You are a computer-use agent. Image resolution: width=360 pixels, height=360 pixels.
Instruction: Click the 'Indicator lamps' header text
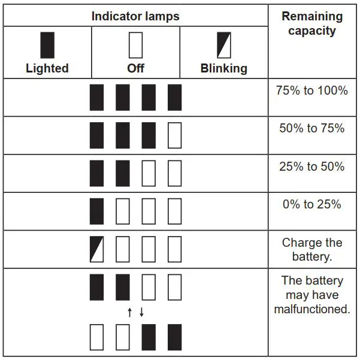[x=135, y=16]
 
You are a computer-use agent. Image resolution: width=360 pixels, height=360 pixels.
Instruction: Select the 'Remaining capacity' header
[x=312, y=23]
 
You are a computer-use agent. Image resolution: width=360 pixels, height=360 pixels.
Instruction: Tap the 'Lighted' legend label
[x=47, y=68]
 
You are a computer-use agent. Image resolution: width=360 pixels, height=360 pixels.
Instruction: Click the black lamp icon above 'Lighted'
[x=47, y=45]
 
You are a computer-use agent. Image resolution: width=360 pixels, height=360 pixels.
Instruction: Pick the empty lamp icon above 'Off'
[x=136, y=45]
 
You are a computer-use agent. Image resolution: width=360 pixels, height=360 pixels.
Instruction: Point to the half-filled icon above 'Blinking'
[x=224, y=45]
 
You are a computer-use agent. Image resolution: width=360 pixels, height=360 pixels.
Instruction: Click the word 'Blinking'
[x=224, y=68]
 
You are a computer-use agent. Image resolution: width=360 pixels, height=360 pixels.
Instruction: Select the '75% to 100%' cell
[x=312, y=91]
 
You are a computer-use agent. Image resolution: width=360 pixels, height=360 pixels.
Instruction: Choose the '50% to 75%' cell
[x=312, y=128]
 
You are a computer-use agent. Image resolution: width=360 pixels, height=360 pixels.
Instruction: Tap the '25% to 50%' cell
[x=312, y=167]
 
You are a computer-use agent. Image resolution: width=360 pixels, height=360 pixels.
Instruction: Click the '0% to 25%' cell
[x=312, y=204]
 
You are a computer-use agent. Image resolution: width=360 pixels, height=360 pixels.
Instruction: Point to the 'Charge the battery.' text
[x=312, y=250]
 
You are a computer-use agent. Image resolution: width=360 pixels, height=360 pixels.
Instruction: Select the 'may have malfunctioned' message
[x=312, y=295]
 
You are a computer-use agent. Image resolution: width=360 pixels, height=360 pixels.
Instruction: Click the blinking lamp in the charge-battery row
[x=96, y=249]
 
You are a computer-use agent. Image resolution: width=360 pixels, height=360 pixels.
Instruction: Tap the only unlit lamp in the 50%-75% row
[x=174, y=135]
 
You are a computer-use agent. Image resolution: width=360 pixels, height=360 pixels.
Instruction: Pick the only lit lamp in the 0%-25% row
[x=96, y=211]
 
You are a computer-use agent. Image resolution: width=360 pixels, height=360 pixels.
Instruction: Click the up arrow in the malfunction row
[x=129, y=312]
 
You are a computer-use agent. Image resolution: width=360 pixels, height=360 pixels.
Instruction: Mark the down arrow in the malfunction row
[x=142, y=312]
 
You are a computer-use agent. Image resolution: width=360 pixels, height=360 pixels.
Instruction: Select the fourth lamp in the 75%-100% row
[x=174, y=97]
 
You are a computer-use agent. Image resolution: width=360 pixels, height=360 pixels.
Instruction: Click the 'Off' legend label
[x=136, y=68]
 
